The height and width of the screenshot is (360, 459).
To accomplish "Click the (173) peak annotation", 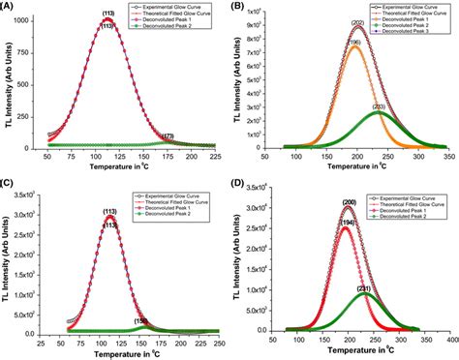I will (168, 136).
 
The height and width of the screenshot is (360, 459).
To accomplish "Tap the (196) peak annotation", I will (353, 42).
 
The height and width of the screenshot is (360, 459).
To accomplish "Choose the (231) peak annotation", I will (364, 288).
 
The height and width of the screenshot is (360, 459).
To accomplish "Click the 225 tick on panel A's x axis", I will (216, 155).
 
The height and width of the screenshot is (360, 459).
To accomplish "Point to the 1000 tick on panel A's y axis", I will (33, 19).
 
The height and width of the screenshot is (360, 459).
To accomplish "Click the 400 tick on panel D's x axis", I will (450, 339).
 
